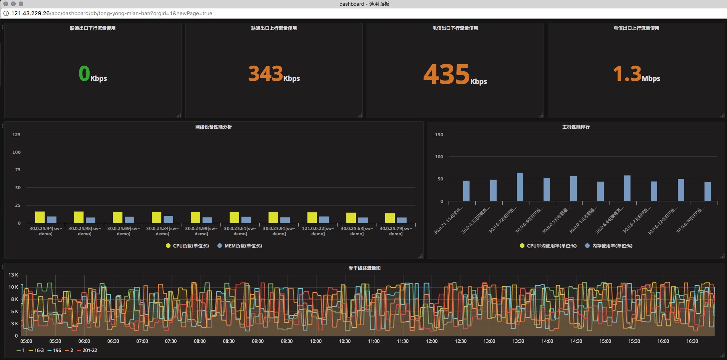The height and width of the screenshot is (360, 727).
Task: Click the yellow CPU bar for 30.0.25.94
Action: point(40,217)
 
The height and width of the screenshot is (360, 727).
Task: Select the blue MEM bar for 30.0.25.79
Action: point(402,220)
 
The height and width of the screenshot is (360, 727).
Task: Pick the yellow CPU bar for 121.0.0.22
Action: point(312,217)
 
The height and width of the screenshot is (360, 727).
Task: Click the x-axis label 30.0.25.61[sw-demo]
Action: point(240,231)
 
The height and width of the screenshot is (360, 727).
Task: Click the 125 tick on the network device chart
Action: point(16,135)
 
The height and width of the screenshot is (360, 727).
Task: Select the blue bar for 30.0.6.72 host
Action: point(520,187)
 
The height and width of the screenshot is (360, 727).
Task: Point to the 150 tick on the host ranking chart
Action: point(439,135)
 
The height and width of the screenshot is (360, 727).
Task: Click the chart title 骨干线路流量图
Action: point(364,268)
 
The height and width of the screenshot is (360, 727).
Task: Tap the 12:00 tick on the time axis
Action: point(431,341)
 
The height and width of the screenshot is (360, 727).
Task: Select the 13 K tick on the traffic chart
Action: point(13,275)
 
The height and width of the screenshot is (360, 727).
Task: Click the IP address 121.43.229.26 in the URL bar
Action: point(31,13)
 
